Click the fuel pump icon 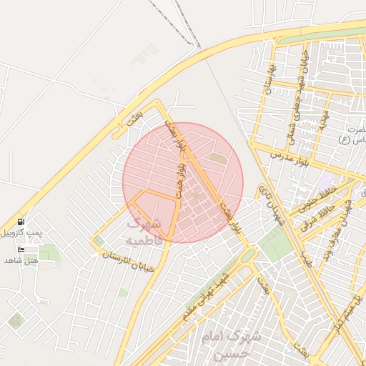[x=21, y=222]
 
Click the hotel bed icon [x=21, y=249]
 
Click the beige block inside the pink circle [x=217, y=158]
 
